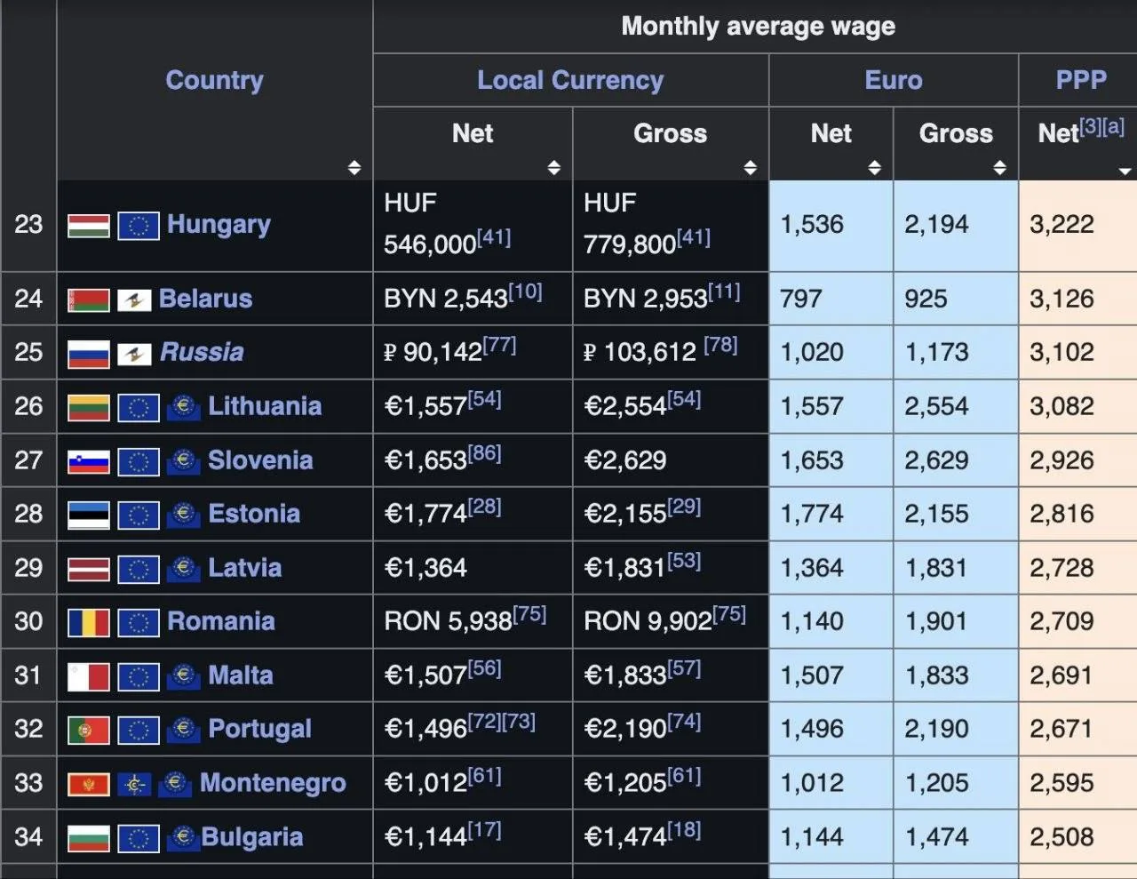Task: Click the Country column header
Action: coord(215,81)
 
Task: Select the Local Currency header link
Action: coord(570,81)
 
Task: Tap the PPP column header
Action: coord(1081,80)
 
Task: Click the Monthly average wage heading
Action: coord(759,26)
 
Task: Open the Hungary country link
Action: coord(219,225)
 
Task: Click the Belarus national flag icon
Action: coord(89,300)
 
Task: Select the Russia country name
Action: coord(202,352)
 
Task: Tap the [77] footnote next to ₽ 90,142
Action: coord(499,346)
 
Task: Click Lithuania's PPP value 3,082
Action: coord(1061,406)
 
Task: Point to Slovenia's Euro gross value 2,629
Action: coord(936,460)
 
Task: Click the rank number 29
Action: coord(28,568)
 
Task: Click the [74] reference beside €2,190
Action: coord(684,722)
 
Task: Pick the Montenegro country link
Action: coord(273,783)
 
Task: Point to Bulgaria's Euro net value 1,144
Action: coord(812,836)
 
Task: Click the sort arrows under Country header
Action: coord(354,167)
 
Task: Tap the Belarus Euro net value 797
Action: coord(801,299)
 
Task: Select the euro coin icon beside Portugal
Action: coord(183,729)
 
